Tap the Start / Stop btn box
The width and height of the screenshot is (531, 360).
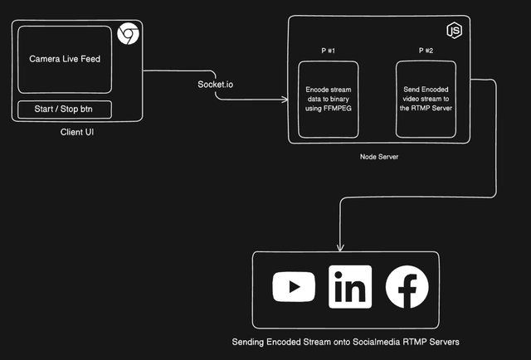[x=64, y=110]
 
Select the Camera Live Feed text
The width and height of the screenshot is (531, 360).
[x=65, y=59]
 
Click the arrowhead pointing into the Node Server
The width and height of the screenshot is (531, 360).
[x=284, y=102]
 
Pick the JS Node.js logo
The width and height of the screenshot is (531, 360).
[x=454, y=32]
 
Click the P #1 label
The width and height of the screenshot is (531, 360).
[x=329, y=51]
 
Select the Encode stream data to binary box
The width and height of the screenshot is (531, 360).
[x=329, y=99]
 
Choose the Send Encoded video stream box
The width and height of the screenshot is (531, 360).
[x=426, y=99]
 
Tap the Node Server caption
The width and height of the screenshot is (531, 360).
[x=379, y=156]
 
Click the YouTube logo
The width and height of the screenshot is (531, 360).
[x=294, y=287]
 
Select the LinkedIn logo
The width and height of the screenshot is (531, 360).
[x=350, y=287]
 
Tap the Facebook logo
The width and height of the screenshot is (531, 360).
[x=407, y=287]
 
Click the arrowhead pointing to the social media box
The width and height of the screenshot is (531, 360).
[x=339, y=247]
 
